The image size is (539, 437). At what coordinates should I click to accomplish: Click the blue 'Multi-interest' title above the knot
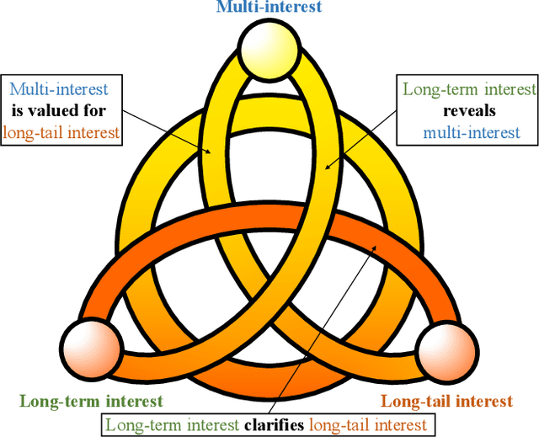269,8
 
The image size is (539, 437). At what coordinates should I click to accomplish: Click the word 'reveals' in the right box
468,110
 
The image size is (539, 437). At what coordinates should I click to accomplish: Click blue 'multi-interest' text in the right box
471,131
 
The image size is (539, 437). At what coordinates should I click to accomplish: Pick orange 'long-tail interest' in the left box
61,131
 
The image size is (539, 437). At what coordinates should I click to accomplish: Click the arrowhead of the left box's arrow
212,154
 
